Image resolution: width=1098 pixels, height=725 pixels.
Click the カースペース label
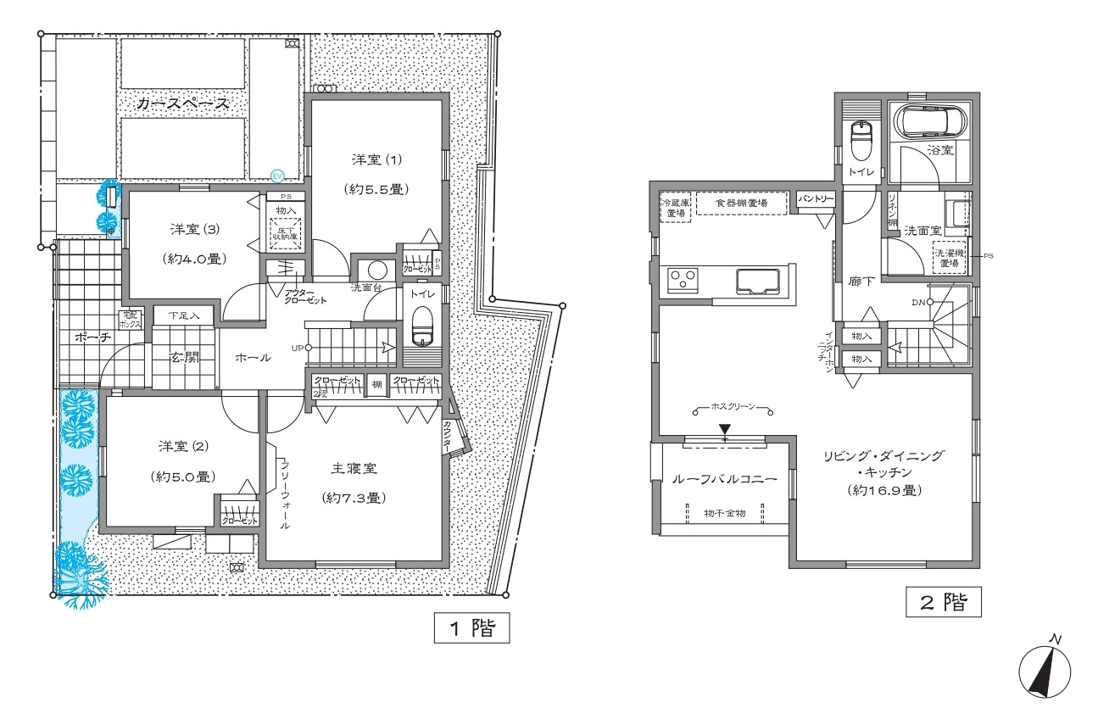[183, 104]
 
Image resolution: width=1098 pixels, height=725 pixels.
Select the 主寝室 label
[354, 467]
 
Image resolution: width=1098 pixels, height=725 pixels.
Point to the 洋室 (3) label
[191, 228]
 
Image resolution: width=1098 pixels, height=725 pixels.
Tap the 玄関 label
[184, 358]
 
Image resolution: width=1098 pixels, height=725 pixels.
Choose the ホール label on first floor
[254, 358]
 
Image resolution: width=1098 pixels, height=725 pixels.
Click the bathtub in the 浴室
[930, 122]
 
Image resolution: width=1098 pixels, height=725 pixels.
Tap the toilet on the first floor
[421, 323]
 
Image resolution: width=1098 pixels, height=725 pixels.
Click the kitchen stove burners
[683, 279]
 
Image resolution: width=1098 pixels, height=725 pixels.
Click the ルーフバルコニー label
[723, 479]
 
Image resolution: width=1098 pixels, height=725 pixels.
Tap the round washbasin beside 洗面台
[377, 270]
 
